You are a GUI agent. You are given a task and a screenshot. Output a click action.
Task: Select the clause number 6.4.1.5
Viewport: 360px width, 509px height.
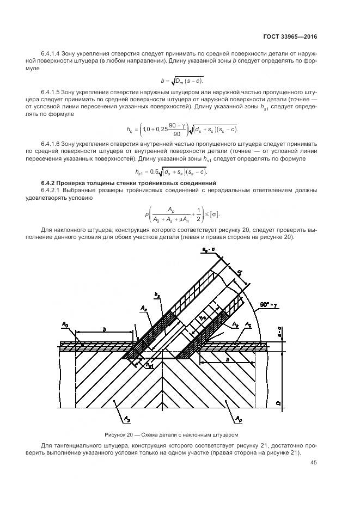(x=52, y=93)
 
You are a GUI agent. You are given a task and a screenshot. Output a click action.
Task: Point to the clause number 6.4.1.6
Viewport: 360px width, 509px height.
(x=52, y=143)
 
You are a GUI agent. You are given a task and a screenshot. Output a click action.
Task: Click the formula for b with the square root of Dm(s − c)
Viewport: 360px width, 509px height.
(x=179, y=81)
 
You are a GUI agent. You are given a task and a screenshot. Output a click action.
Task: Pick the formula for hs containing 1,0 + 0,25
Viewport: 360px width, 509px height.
(x=179, y=128)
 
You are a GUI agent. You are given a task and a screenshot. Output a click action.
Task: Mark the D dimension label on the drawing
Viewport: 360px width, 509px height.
(x=278, y=403)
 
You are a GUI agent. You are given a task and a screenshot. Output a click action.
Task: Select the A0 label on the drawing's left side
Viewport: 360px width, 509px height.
(x=65, y=325)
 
